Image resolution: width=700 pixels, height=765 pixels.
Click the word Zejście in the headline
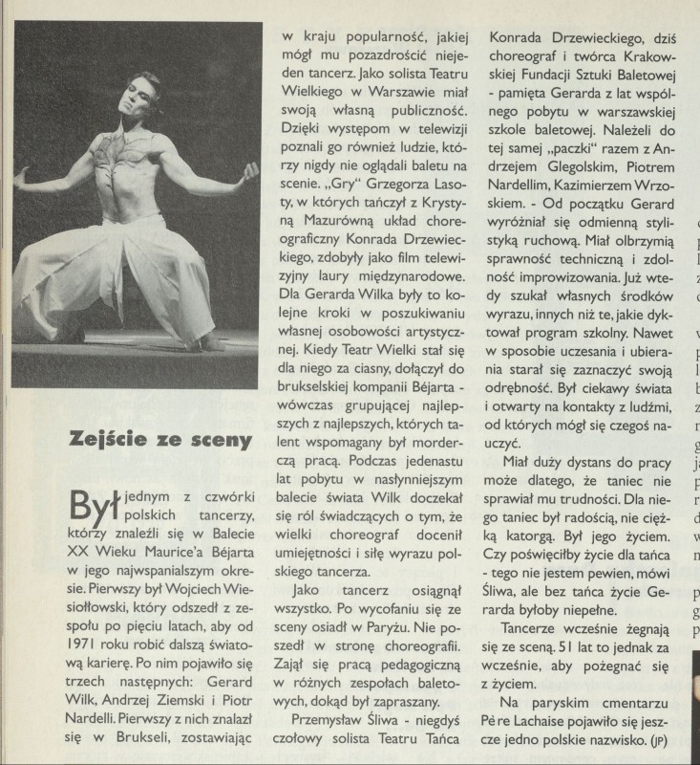point(107,440)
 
